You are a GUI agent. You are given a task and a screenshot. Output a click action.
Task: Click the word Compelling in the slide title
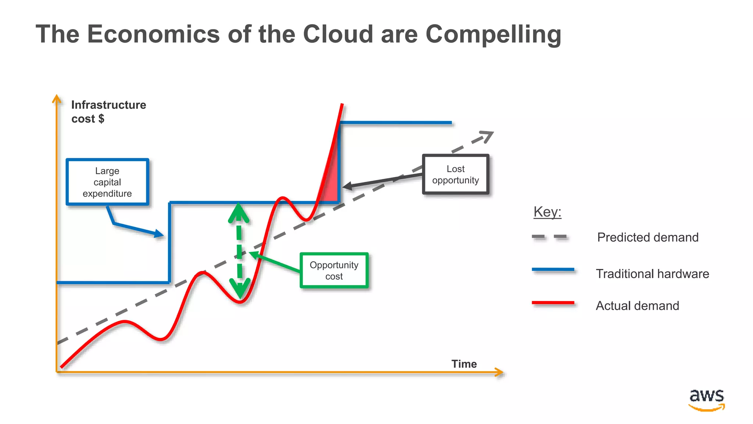(493, 34)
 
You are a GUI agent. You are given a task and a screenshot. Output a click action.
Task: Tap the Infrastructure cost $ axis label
(108, 112)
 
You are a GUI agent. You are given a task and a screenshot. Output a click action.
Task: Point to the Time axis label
(464, 364)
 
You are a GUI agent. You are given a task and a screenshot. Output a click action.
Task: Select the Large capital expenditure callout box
(107, 182)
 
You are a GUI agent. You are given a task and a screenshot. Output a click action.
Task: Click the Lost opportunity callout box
(456, 174)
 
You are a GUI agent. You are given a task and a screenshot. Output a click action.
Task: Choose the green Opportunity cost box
(334, 271)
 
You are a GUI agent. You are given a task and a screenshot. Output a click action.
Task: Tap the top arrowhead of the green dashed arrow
(239, 213)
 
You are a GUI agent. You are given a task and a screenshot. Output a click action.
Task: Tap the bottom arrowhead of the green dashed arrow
(240, 289)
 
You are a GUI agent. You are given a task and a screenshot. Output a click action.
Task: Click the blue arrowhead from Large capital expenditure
(160, 234)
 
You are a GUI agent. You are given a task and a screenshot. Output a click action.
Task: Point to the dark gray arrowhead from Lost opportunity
(347, 186)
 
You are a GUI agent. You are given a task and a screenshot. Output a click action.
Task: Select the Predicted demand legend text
(647, 237)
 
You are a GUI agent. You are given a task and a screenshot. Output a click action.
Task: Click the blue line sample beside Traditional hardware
(553, 270)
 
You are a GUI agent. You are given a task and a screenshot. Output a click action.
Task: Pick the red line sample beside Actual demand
(553, 303)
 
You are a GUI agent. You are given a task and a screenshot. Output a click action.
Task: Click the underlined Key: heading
(547, 212)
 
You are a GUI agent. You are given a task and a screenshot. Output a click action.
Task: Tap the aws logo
(707, 400)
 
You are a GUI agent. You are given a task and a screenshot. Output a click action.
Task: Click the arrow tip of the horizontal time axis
(501, 372)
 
